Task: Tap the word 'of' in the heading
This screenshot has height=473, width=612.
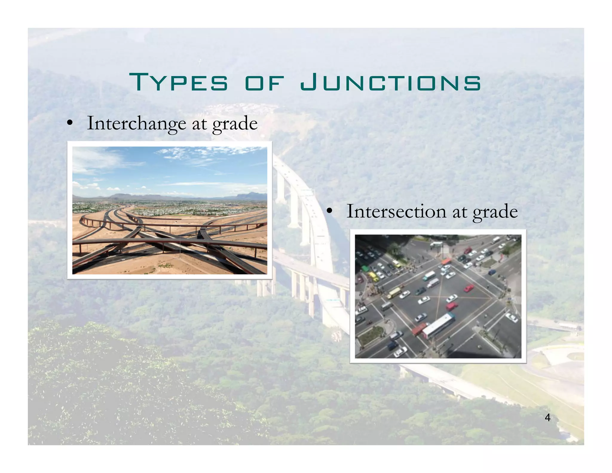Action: tap(264, 83)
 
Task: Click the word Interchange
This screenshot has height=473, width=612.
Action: tap(136, 123)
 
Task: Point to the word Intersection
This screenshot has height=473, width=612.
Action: tap(396, 211)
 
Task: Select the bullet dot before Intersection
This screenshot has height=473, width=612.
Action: tap(329, 211)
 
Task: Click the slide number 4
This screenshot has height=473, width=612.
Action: tap(547, 417)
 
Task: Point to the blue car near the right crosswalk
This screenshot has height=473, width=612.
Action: tap(492, 272)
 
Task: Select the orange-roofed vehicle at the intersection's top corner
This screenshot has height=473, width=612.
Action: tap(446, 261)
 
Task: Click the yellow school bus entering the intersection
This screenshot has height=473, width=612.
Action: tap(394, 293)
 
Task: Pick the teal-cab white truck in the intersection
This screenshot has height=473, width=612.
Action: tap(429, 275)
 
